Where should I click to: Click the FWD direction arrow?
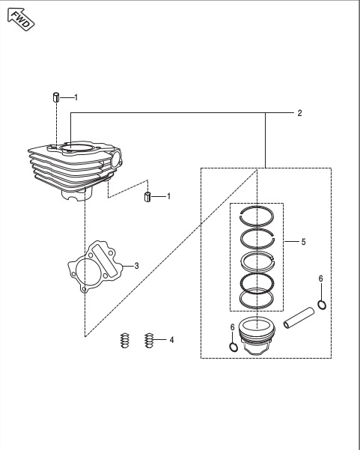click(21, 19)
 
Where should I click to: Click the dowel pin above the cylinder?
click(56, 97)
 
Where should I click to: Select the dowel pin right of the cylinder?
click(147, 197)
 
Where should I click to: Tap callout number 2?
click(299, 113)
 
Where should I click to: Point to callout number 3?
click(136, 266)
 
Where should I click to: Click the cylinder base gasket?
click(95, 267)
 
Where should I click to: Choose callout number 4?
click(171, 340)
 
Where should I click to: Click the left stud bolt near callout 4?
click(124, 341)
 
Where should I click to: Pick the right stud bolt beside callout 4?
click(149, 341)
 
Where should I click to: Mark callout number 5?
click(303, 242)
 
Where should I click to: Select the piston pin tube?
click(299, 317)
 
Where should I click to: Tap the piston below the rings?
click(257, 335)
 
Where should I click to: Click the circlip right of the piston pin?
click(322, 305)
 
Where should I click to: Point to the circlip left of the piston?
click(234, 347)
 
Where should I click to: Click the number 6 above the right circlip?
click(320, 279)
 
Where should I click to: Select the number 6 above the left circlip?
click(232, 327)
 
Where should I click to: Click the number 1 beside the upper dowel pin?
click(76, 97)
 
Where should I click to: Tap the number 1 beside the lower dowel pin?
click(168, 196)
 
